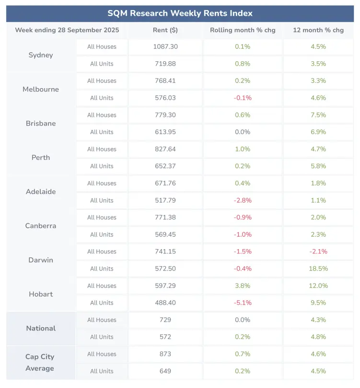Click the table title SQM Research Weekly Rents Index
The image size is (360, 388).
click(x=180, y=13)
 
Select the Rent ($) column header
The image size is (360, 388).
click(x=165, y=30)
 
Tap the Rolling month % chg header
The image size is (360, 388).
click(x=242, y=30)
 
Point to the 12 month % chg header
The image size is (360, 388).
click(x=318, y=30)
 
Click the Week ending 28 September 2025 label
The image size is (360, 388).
click(x=67, y=30)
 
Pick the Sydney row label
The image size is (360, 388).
click(x=41, y=55)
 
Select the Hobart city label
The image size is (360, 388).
click(x=41, y=294)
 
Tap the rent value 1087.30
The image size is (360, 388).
click(x=165, y=46)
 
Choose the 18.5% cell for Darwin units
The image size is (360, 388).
click(x=318, y=269)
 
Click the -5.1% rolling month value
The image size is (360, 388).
click(x=242, y=303)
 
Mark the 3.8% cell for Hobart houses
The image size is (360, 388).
click(x=242, y=286)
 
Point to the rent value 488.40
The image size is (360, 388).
click(x=165, y=303)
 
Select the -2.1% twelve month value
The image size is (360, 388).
click(x=318, y=251)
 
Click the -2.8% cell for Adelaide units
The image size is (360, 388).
click(x=242, y=200)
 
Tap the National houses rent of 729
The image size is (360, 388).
click(x=165, y=320)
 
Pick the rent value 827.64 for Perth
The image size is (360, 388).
click(x=165, y=149)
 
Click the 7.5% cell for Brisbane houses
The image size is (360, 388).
click(x=318, y=115)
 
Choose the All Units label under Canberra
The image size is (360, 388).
click(x=102, y=235)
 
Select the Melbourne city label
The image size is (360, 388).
click(x=41, y=89)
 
